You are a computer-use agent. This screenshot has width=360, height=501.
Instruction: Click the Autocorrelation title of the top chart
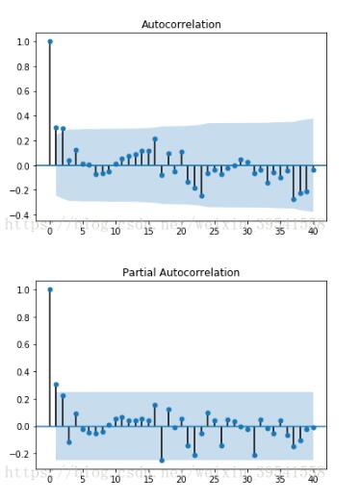click(181, 24)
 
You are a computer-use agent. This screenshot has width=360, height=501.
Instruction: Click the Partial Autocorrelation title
click(181, 272)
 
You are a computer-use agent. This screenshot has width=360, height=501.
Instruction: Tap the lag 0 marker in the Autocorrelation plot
click(50, 41)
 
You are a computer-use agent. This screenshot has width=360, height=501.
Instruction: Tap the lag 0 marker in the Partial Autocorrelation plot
click(50, 289)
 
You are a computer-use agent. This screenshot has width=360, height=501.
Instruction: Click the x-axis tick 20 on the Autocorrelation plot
click(181, 232)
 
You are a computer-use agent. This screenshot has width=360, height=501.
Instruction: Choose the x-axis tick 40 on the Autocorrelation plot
click(313, 232)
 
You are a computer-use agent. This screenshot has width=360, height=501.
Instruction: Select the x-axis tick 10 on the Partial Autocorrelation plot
click(116, 479)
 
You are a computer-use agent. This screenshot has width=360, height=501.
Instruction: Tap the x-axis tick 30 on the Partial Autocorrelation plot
click(247, 479)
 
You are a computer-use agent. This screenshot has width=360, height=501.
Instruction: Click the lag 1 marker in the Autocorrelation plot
click(57, 128)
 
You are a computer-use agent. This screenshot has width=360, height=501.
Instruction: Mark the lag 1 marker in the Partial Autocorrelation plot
click(57, 385)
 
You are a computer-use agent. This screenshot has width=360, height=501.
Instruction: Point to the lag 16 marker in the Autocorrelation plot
click(155, 138)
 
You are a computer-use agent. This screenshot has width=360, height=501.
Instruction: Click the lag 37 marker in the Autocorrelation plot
click(294, 199)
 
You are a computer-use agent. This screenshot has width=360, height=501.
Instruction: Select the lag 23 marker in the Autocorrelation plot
click(201, 195)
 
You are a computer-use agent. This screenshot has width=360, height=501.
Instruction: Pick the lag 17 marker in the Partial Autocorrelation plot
click(162, 460)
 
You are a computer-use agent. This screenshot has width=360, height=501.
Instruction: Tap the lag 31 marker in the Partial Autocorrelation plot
click(254, 455)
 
